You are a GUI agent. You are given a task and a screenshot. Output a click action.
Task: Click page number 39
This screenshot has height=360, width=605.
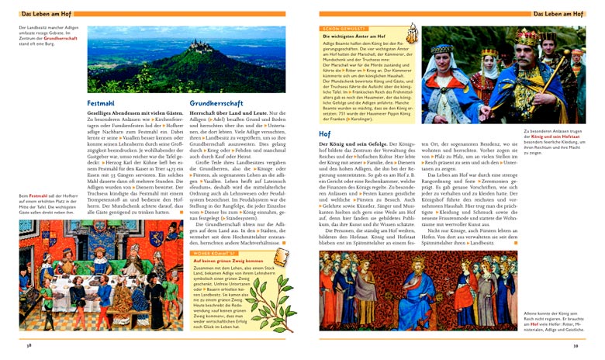click(576, 345)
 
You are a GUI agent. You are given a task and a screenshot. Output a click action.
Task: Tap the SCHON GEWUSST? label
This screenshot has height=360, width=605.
click(341, 28)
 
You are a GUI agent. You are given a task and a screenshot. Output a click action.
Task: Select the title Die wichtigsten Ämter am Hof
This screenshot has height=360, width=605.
click(356, 36)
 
